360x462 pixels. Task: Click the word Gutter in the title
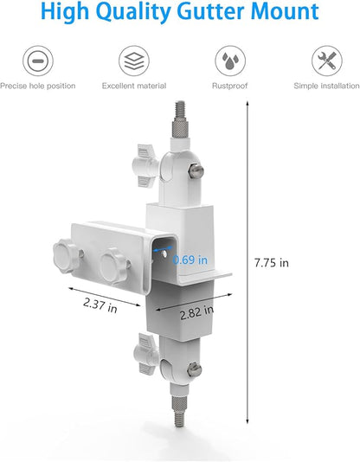[210, 11]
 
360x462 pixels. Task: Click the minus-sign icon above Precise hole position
[38, 61]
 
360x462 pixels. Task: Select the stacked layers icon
[134, 61]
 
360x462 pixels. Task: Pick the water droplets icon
[230, 61]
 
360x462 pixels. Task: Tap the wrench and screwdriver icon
[327, 61]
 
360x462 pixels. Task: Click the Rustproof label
[230, 86]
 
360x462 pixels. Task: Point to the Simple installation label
[326, 86]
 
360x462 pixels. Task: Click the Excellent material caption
[134, 86]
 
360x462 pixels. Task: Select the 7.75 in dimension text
[272, 262]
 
